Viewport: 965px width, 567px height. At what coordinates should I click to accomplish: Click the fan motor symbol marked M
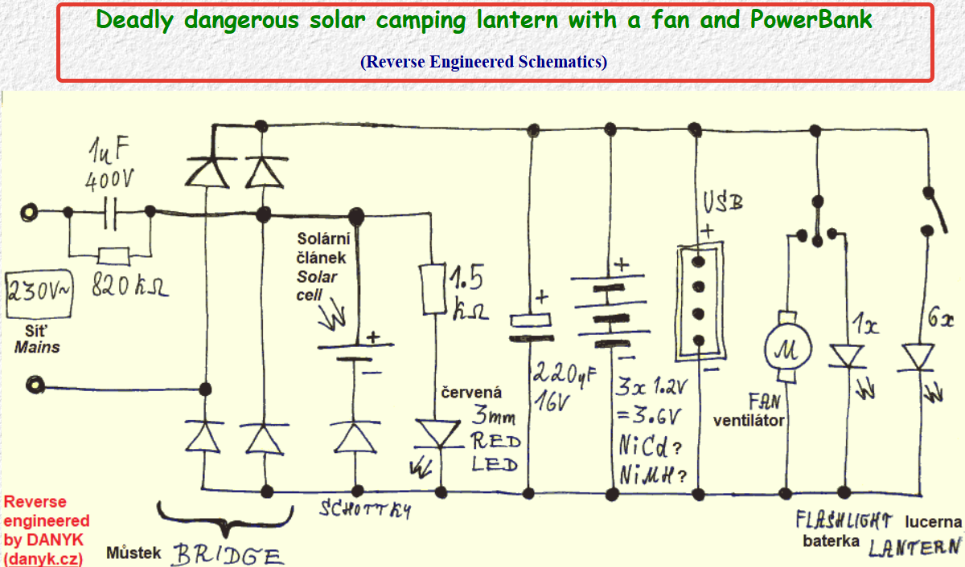(x=788, y=348)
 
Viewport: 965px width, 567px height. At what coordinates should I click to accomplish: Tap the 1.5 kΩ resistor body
(x=433, y=289)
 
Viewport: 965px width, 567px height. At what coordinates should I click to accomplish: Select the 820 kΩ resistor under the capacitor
(x=113, y=256)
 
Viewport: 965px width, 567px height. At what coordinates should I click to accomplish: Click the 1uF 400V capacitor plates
(x=110, y=214)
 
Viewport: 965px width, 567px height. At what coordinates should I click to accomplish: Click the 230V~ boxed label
(x=39, y=294)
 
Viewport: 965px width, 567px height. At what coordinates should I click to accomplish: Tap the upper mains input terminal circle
(x=29, y=213)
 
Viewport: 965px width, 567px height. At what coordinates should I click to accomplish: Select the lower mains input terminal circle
(x=35, y=385)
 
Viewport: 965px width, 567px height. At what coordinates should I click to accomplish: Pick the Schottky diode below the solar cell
(x=355, y=437)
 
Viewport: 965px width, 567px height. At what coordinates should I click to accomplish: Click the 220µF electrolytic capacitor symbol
(x=531, y=328)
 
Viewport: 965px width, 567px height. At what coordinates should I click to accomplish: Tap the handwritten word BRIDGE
(x=228, y=555)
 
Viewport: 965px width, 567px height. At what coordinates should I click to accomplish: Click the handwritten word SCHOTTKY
(x=365, y=510)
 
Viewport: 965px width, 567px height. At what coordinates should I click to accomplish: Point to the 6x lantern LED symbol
(x=918, y=357)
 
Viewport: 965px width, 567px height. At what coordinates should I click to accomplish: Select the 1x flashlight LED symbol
(x=847, y=357)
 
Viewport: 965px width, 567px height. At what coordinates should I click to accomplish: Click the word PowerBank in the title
(x=811, y=19)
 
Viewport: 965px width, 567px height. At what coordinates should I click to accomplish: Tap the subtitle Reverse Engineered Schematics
(x=484, y=62)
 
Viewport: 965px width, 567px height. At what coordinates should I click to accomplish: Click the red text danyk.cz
(x=43, y=559)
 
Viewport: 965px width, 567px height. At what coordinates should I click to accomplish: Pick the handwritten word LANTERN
(x=914, y=548)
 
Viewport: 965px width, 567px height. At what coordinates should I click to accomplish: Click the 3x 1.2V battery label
(x=651, y=387)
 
